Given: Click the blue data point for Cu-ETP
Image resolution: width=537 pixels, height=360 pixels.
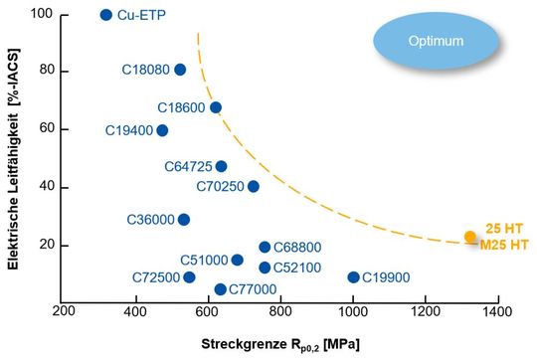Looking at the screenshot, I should (106, 15).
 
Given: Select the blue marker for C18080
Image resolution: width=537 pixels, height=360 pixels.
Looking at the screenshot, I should (180, 70).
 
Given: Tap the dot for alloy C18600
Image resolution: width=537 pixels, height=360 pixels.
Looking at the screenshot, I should (216, 107).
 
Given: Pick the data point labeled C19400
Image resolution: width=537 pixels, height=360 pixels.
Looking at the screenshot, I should (162, 130).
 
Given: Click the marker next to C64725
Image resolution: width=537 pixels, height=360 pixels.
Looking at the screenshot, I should (221, 166).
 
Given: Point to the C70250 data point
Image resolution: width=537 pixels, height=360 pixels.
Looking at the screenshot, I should (254, 186).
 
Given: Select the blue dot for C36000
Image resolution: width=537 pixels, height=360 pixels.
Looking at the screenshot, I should (184, 220).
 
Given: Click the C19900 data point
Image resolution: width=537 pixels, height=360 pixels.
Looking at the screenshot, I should (353, 277).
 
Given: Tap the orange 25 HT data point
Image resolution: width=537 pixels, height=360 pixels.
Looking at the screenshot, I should (470, 237).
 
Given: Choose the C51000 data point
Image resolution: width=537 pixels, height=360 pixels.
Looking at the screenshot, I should (237, 261).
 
